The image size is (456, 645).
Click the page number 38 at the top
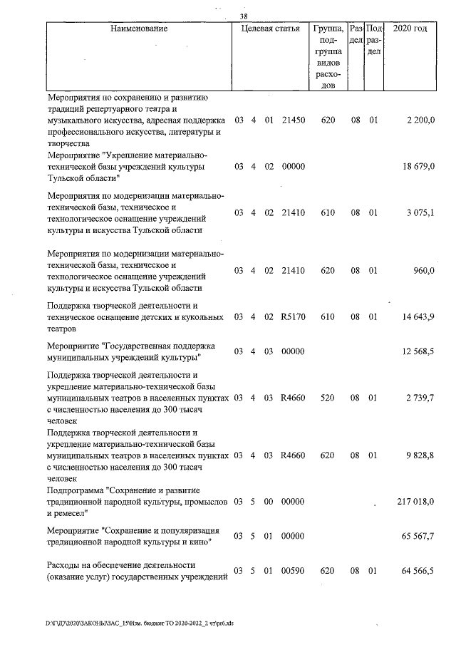click(x=243, y=17)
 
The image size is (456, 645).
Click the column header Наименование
click(x=139, y=29)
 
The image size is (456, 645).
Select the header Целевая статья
click(x=270, y=29)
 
